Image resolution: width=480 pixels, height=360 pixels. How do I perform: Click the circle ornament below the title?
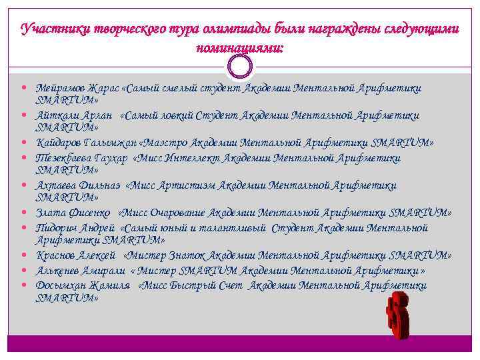(240, 65)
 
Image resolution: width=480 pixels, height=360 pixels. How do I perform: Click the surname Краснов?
(58, 255)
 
